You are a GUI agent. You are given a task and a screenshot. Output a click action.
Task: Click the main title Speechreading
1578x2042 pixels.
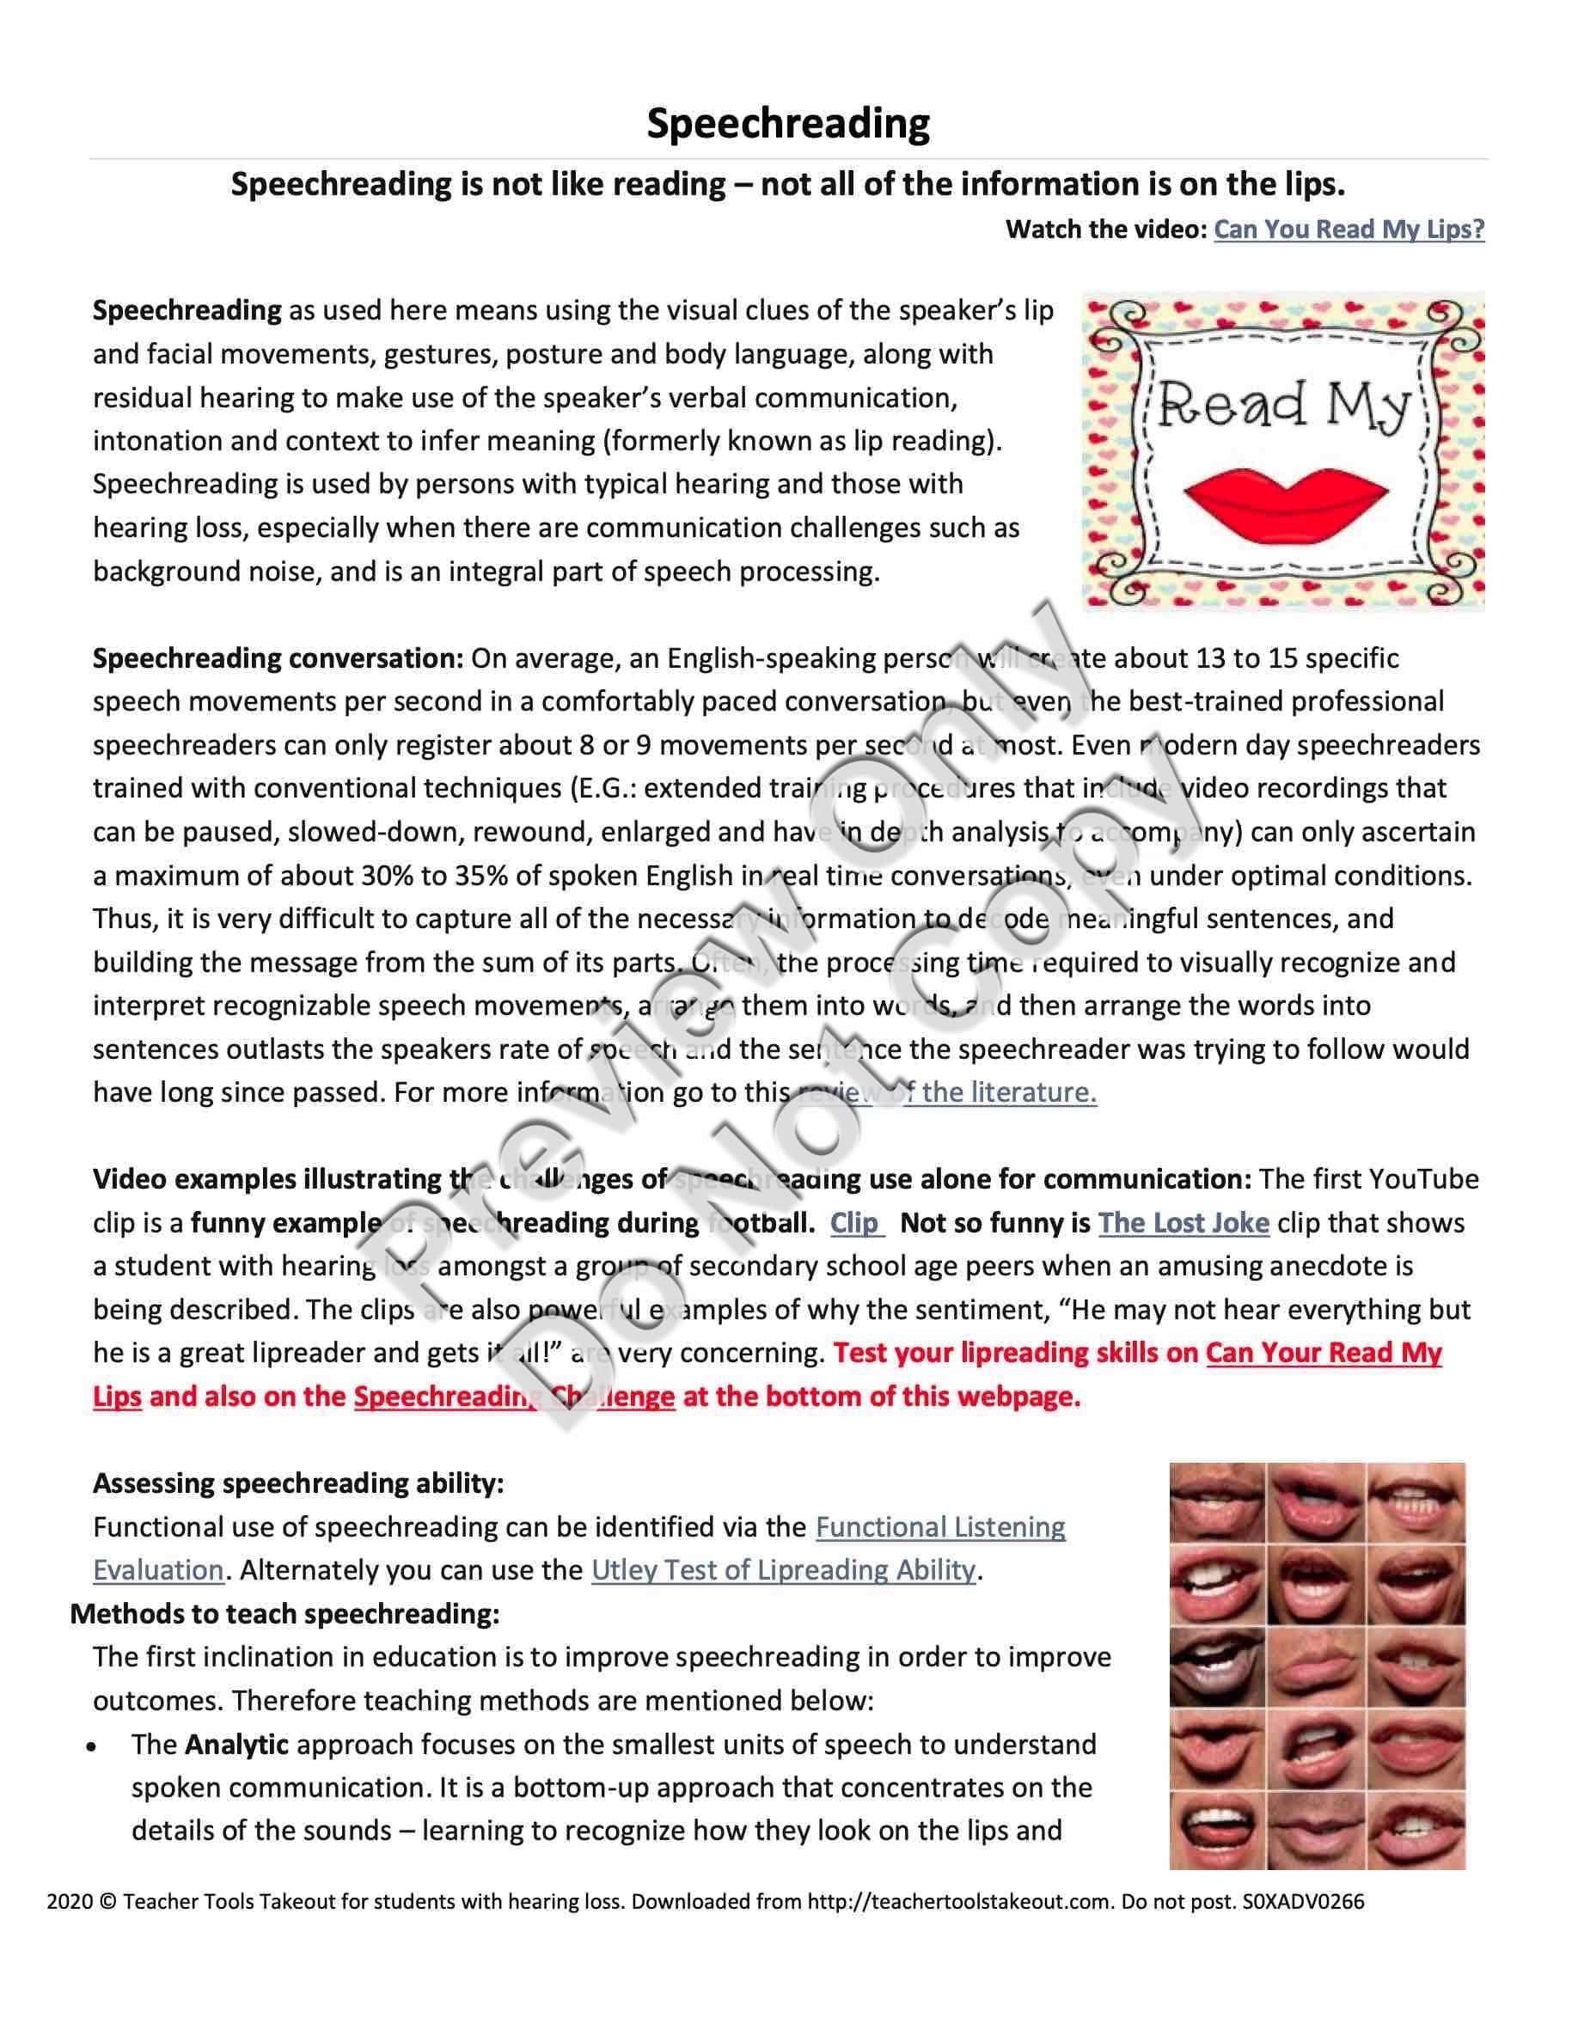(788, 124)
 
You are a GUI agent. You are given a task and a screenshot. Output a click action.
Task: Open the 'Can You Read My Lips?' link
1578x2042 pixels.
(1348, 229)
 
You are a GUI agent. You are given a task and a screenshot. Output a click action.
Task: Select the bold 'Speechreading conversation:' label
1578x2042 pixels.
(278, 658)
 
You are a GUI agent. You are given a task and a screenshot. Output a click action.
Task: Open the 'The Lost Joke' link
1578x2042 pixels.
(1183, 1223)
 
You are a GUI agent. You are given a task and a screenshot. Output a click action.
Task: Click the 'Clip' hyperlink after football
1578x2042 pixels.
(855, 1223)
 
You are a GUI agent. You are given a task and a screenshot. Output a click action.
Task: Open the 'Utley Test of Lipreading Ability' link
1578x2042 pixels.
(783, 1570)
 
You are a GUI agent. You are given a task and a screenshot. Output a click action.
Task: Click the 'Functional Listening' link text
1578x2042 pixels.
(939, 1527)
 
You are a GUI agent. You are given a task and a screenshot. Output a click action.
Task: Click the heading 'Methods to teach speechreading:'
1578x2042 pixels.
(285, 1614)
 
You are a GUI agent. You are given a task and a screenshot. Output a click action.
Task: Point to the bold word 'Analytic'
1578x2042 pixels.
(236, 1745)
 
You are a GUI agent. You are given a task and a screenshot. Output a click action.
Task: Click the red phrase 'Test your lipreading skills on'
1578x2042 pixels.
(1015, 1353)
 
